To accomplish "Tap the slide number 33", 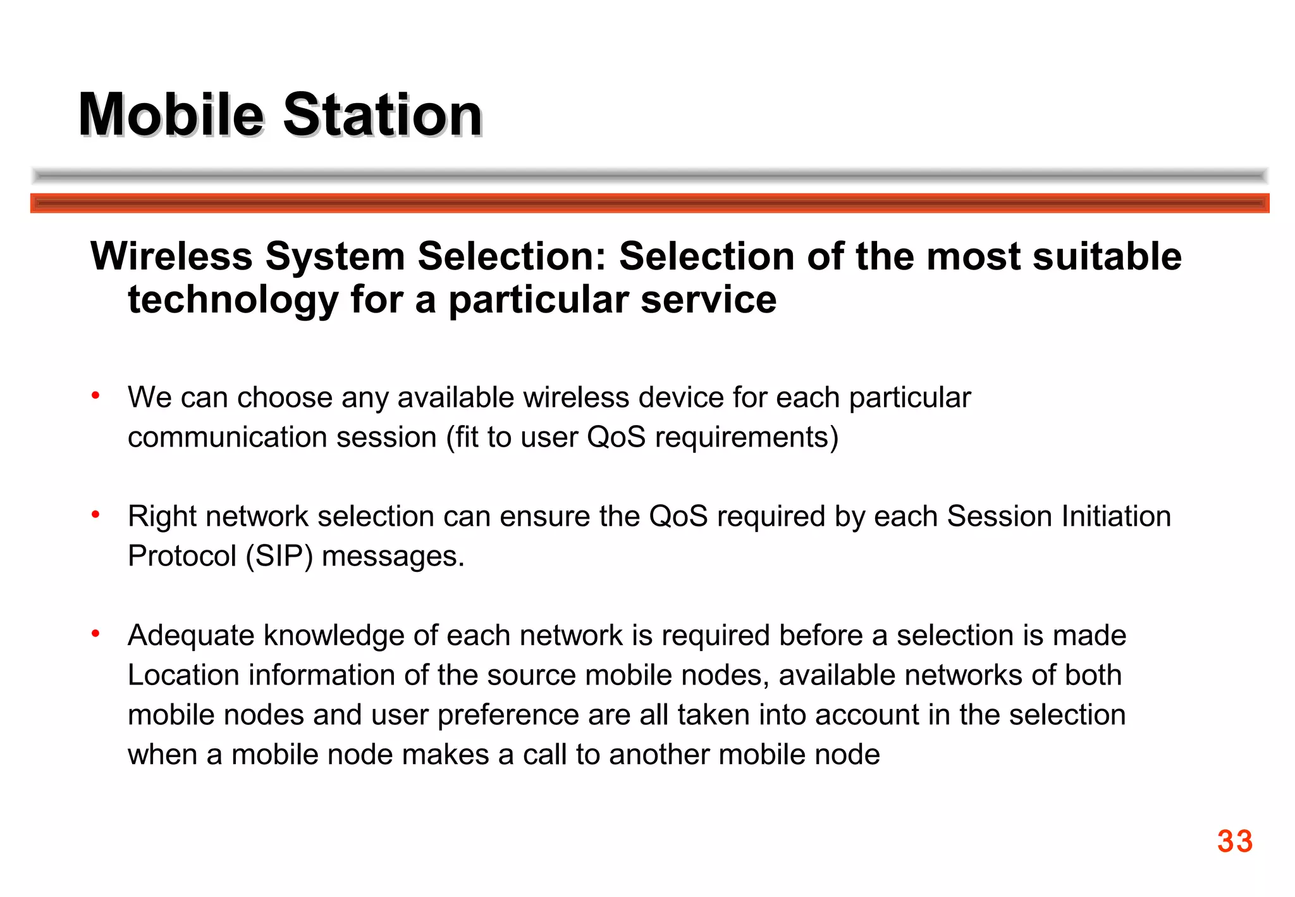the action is tap(1234, 841).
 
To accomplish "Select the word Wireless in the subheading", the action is tap(171, 256).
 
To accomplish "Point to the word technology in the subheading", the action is tap(233, 300).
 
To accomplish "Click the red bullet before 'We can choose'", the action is tap(95, 396).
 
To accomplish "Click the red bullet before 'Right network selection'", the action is tap(95, 515).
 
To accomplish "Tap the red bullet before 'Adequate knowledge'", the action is tap(95, 633).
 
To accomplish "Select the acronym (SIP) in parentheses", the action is tap(279, 557).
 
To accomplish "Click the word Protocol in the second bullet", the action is tap(181, 557).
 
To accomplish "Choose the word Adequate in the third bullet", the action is tap(190, 636).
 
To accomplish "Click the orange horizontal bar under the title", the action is tap(649, 203).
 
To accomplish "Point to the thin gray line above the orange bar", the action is tap(649, 176).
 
